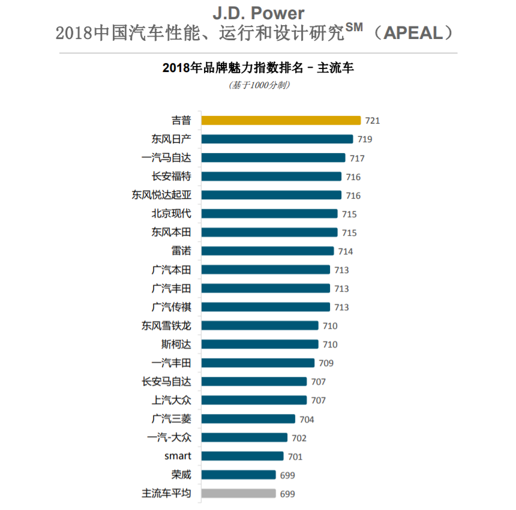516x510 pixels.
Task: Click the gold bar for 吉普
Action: coord(281,120)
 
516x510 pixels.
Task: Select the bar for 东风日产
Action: coord(277,139)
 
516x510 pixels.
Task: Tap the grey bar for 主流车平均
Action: coord(238,493)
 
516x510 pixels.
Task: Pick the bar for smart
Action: coord(242,456)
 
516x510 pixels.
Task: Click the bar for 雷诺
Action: coord(268,251)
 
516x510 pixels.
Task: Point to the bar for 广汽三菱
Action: coord(248,419)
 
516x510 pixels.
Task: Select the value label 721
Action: coord(372,121)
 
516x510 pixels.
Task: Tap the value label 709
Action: coord(326,363)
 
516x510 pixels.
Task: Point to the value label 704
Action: coord(307,419)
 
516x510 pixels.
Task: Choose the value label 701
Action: coord(295,457)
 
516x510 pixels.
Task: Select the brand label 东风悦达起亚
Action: coord(161,195)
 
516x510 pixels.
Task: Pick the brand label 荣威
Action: coord(181,475)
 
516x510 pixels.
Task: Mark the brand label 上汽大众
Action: coord(171,400)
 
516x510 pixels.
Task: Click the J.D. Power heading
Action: coord(258,13)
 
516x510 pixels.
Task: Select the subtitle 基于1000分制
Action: coord(259,85)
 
